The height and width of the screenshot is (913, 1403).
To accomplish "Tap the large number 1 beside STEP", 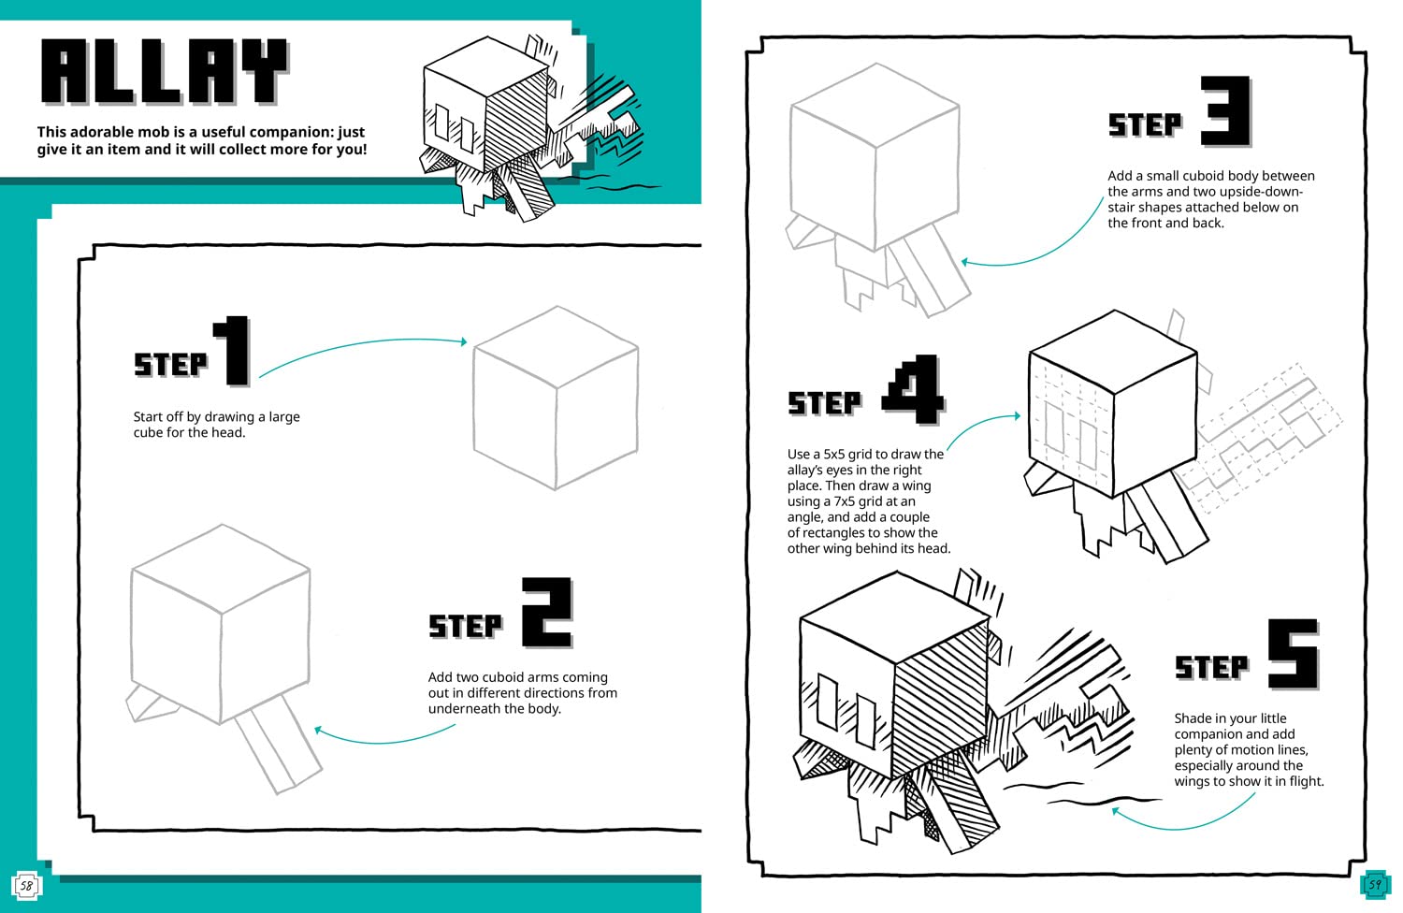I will [233, 351].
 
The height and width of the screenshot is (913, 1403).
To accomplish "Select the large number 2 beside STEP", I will [545, 613].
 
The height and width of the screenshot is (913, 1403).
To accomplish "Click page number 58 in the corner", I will [26, 885].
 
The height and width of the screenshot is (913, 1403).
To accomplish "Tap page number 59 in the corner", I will [1374, 883].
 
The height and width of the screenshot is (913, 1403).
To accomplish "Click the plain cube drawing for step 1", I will [556, 398].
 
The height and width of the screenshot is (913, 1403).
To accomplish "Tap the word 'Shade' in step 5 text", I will [1194, 718].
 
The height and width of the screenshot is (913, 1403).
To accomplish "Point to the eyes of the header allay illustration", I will [452, 123].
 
